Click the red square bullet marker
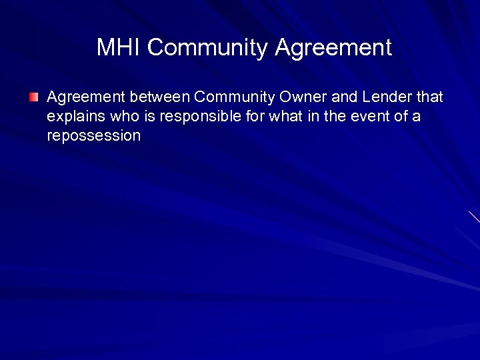coord(34,97)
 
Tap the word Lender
coord(389,97)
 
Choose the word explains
coord(71,117)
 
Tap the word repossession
coord(93,136)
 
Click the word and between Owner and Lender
coord(345,97)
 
